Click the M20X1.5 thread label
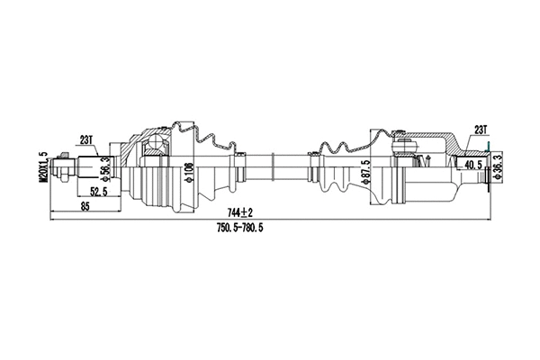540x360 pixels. coord(41,166)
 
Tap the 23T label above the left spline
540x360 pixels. coord(87,139)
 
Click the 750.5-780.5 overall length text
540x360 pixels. coord(246,228)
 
